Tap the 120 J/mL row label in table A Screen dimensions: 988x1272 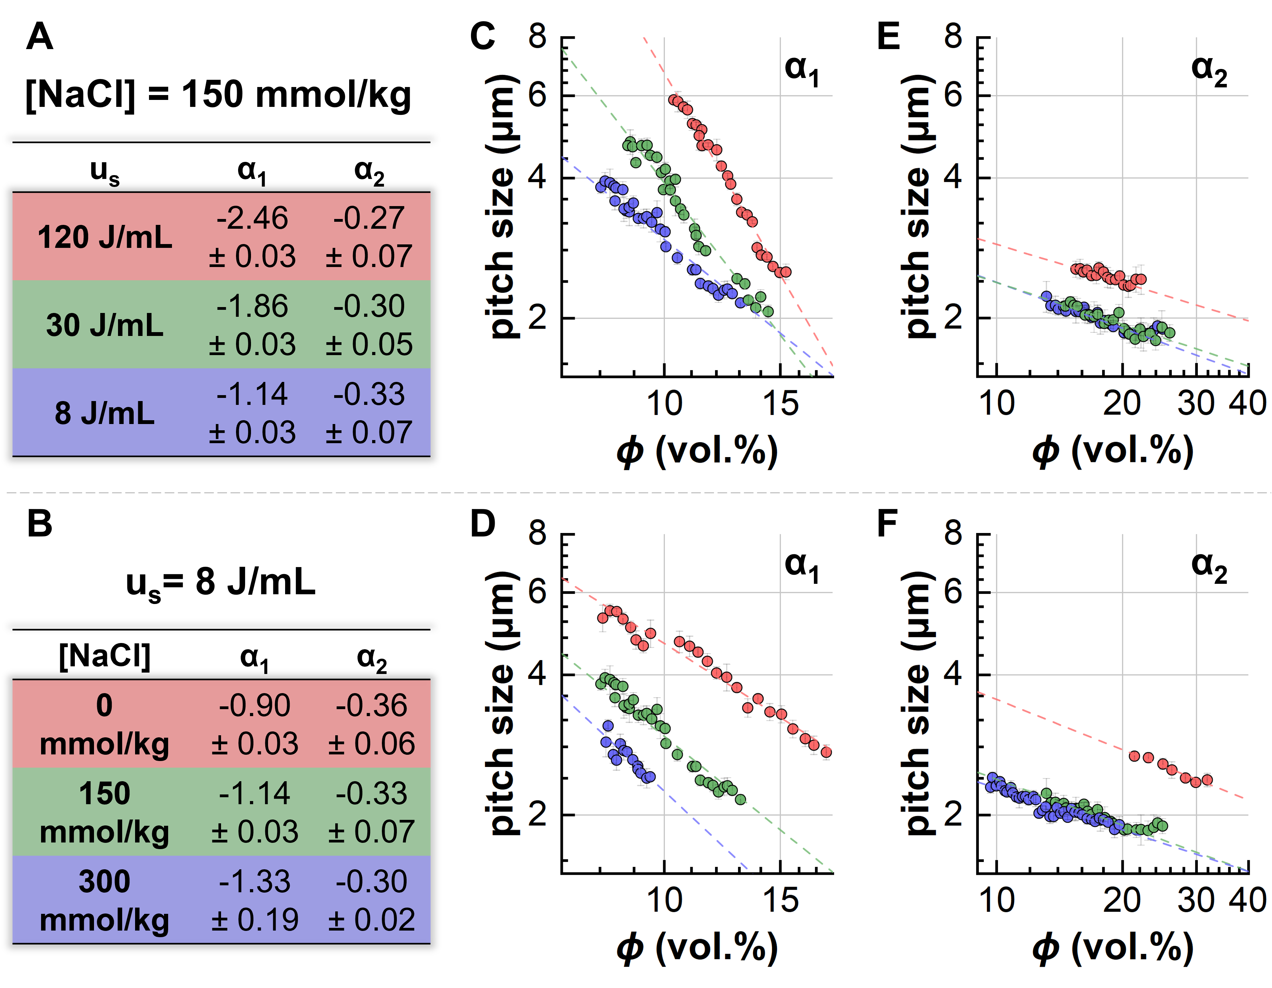point(105,237)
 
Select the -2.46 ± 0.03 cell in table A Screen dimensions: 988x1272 point(252,237)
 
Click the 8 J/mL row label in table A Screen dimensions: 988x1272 point(105,413)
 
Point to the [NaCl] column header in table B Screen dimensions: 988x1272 point(105,657)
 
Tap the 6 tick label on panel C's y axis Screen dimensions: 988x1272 point(537,95)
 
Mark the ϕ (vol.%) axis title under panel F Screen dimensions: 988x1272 point(1113,948)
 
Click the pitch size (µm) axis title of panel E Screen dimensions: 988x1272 point(917,207)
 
